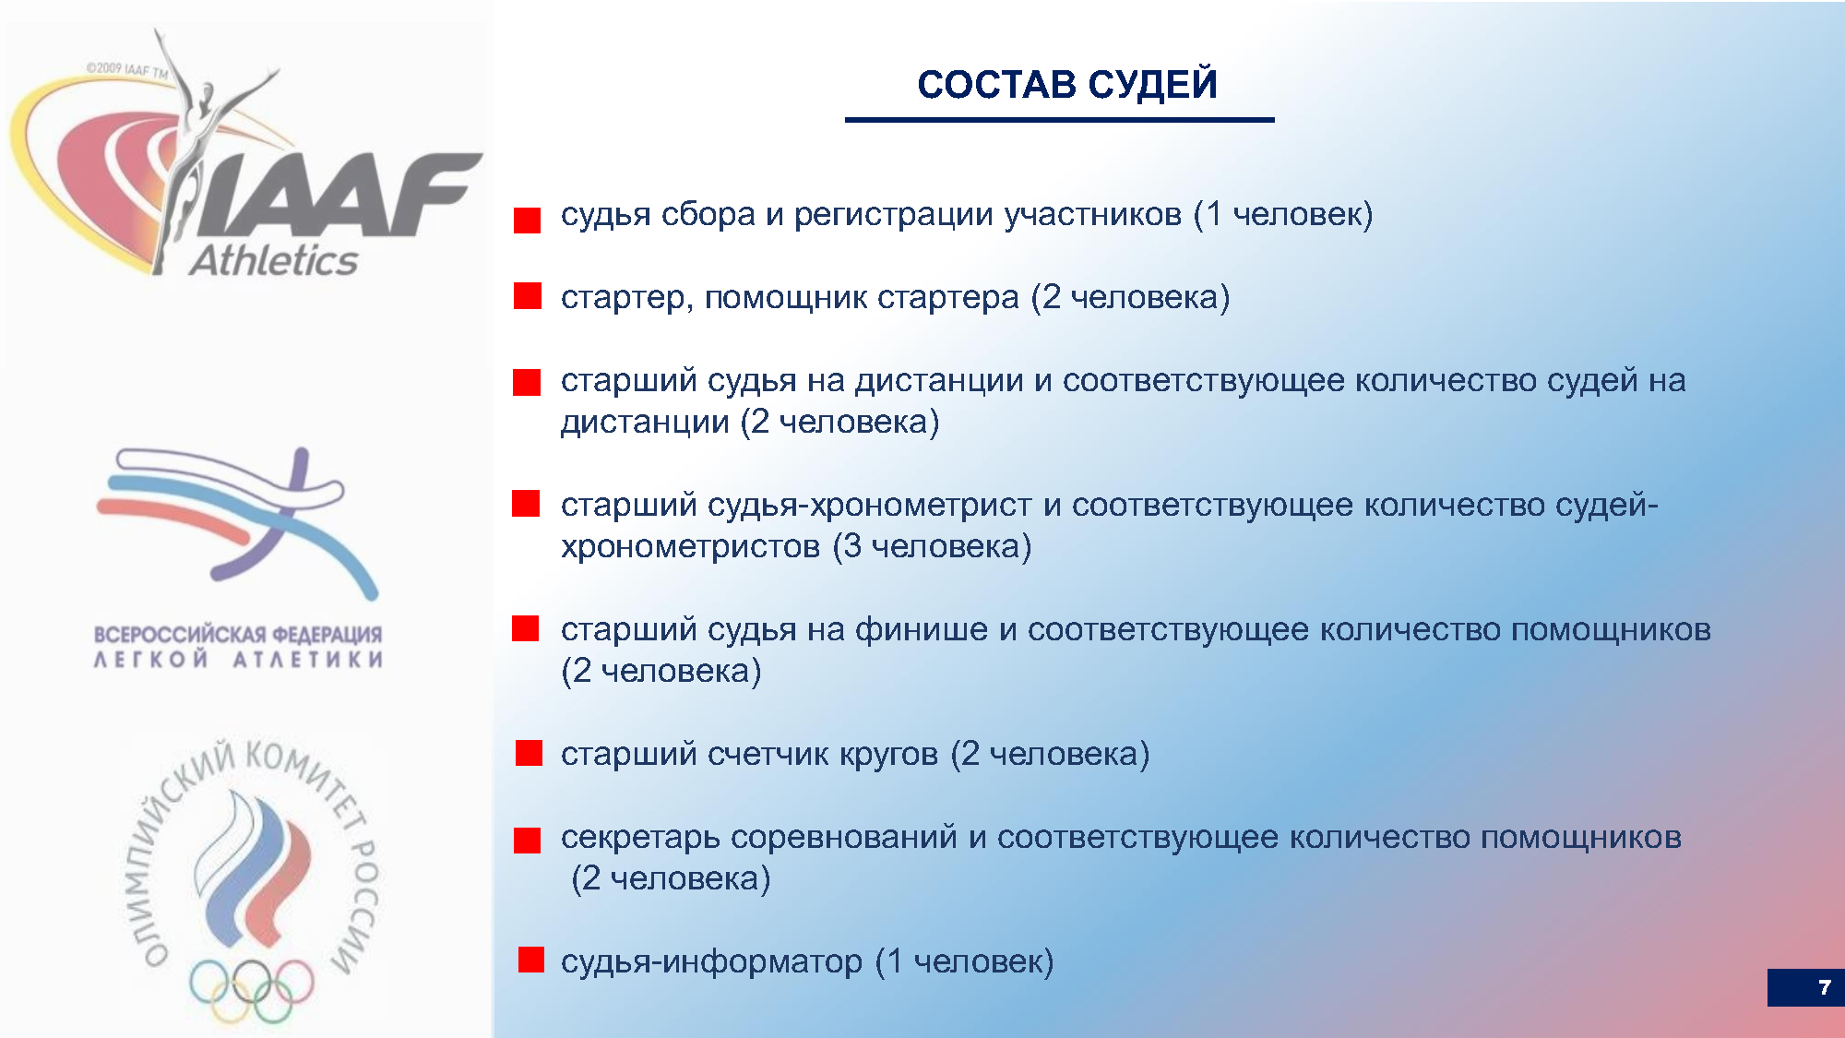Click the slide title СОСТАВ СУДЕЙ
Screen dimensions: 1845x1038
tap(1067, 84)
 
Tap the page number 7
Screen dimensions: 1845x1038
tap(1824, 987)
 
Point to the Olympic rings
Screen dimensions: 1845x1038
tap(252, 990)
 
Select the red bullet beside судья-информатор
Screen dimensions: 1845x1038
tap(531, 960)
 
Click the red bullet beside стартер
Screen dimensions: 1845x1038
tap(528, 295)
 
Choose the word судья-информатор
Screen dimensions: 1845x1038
tap(711, 961)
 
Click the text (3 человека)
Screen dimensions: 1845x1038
tap(932, 546)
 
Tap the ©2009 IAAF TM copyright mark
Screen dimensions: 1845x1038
tap(127, 69)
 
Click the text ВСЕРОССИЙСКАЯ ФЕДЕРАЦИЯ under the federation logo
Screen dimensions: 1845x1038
tap(238, 635)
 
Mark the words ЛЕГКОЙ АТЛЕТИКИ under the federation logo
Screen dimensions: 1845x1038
tap(238, 659)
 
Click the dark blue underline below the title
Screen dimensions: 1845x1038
tap(1060, 120)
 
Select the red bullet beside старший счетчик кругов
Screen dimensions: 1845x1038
tap(530, 753)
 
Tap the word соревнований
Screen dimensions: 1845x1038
tap(844, 838)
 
